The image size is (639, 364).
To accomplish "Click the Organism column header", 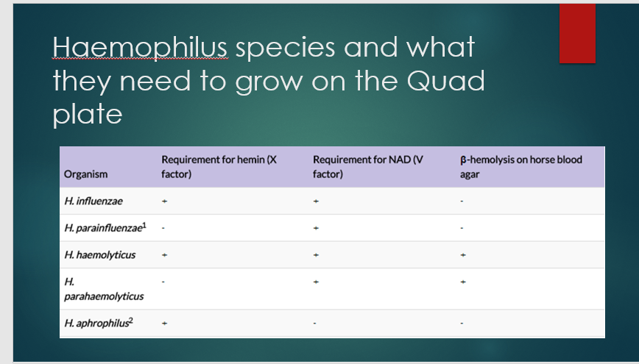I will click(x=85, y=174).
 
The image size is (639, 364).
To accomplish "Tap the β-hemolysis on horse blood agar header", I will click(x=520, y=167).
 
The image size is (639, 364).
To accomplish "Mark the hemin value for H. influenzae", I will click(x=166, y=200).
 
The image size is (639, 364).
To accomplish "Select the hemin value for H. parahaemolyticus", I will click(x=165, y=282).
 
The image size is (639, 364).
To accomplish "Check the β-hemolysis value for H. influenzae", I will click(x=462, y=200).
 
